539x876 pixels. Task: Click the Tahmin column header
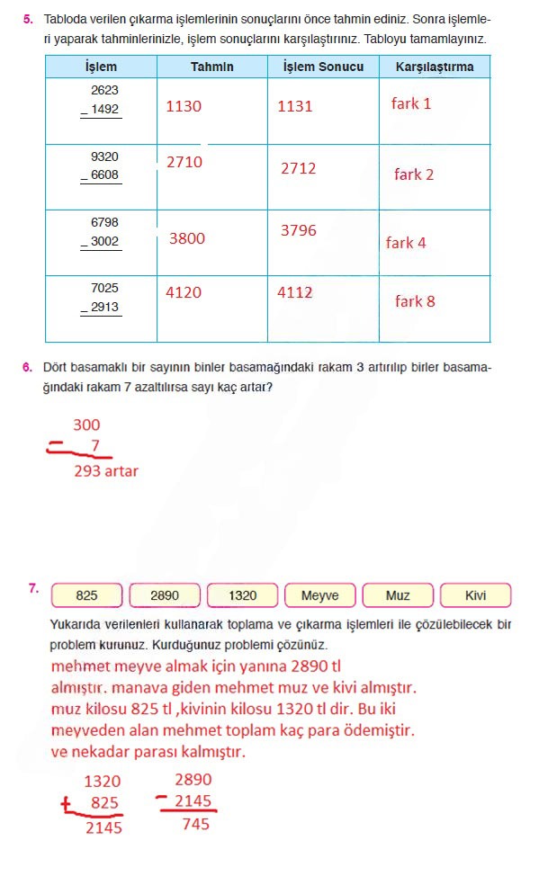pos(211,67)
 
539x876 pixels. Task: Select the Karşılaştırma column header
pos(434,67)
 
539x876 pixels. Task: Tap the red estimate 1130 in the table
pos(184,106)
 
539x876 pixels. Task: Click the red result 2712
pos(298,168)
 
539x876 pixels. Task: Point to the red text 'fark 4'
pos(406,243)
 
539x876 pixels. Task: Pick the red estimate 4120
pos(184,292)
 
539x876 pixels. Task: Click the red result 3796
pos(298,230)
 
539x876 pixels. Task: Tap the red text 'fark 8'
pos(414,301)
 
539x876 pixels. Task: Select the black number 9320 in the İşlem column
pos(104,156)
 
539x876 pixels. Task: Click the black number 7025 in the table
pos(104,289)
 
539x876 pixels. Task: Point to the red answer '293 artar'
pos(106,470)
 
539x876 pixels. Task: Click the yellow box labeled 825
pos(87,595)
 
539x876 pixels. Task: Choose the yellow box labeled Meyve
pos(319,595)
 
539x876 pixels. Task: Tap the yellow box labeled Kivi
pos(475,595)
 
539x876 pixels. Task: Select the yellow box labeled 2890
pos(165,595)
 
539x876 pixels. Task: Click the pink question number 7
pos(33,589)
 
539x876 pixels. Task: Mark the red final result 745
pos(195,823)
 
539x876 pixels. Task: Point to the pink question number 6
pos(28,367)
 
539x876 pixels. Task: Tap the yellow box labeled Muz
pos(397,595)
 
